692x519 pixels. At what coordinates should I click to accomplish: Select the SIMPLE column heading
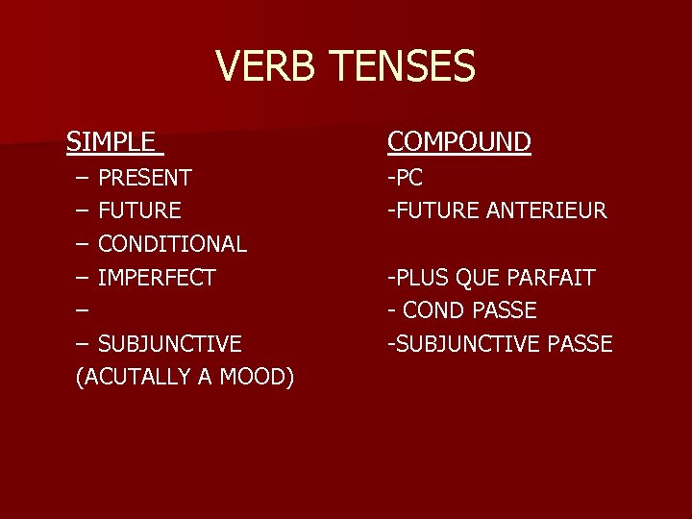click(110, 142)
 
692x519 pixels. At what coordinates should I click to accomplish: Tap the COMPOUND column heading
click(459, 142)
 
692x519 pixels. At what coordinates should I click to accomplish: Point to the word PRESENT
click(145, 178)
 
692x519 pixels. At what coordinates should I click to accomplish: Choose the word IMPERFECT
click(158, 278)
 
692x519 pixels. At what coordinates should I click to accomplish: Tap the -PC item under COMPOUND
click(405, 178)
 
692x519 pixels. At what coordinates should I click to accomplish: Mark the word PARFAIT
click(554, 278)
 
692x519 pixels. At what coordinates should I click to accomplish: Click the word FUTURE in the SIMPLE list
click(140, 210)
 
